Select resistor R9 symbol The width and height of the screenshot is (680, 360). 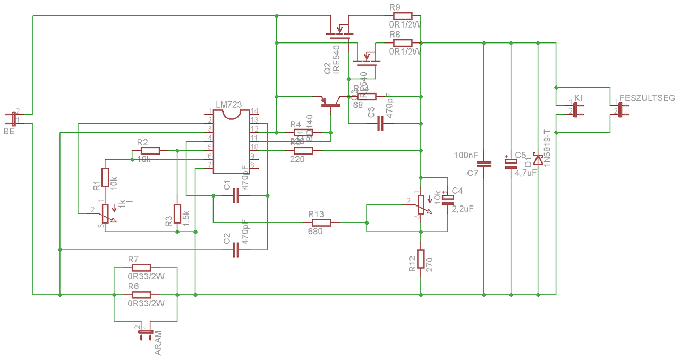click(x=402, y=16)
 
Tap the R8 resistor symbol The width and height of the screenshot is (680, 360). click(x=402, y=43)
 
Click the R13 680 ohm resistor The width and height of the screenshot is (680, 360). click(x=321, y=222)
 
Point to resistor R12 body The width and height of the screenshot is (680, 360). click(x=421, y=259)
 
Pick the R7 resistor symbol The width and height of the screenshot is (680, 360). click(x=141, y=268)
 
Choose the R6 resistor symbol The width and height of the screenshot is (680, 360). click(x=141, y=294)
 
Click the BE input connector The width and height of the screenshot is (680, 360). click(x=13, y=118)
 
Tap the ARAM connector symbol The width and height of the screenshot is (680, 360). click(x=144, y=333)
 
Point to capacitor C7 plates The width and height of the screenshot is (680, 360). click(x=484, y=164)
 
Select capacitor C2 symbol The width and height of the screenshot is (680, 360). click(x=236, y=250)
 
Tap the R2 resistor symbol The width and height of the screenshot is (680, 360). click(x=150, y=151)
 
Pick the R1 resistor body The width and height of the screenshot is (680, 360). click(x=105, y=178)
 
